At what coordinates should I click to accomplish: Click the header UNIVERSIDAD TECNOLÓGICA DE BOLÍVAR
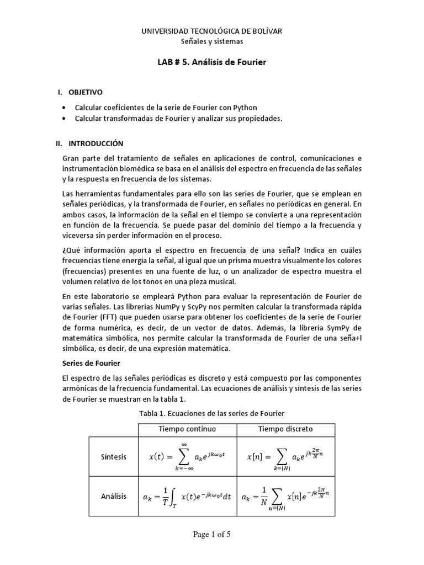tap(212, 31)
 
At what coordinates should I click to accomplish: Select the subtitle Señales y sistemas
tap(212, 41)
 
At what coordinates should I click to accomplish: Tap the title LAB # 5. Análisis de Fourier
tap(212, 62)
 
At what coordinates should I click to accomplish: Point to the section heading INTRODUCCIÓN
tap(96, 143)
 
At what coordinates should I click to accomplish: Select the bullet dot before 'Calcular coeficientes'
tap(66, 108)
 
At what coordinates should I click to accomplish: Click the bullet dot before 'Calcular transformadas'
tap(66, 118)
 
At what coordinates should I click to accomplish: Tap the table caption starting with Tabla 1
tap(212, 414)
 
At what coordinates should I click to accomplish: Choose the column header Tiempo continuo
tap(188, 429)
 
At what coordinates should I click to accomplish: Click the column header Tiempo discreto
tap(285, 429)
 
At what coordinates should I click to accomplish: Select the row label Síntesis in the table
tap(114, 457)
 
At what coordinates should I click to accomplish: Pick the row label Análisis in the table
tap(114, 496)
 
